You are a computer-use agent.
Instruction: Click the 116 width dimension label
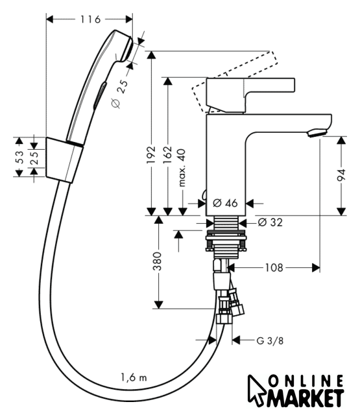90,19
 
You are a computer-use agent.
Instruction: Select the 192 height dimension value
151,154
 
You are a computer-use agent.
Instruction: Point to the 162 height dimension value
167,154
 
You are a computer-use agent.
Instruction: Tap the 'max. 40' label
182,168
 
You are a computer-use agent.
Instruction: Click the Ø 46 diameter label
225,203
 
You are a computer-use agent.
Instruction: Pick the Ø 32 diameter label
270,222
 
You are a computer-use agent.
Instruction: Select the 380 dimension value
158,261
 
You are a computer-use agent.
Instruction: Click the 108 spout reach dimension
274,268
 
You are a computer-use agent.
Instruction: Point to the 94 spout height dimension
341,175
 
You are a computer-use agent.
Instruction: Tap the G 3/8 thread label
270,340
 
